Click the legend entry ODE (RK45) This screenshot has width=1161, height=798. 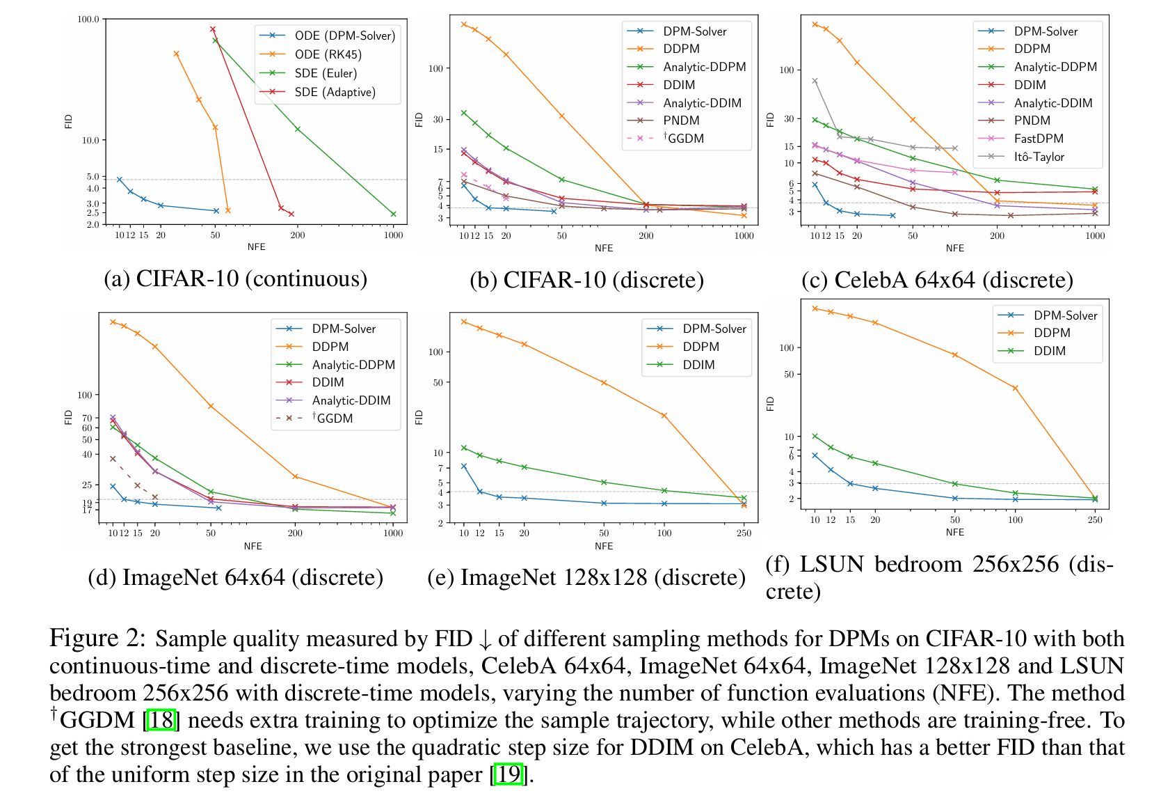(328, 54)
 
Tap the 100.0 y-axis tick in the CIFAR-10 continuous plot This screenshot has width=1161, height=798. (88, 19)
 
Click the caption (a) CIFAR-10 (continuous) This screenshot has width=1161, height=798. (235, 279)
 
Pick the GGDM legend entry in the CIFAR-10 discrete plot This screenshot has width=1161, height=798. (684, 139)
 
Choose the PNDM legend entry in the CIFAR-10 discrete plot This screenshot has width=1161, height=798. (681, 120)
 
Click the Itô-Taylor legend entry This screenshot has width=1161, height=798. (1039, 157)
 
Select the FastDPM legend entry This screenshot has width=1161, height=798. (1038, 139)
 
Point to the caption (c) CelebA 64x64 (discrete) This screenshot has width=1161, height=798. (937, 280)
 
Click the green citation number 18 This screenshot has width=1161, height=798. (161, 720)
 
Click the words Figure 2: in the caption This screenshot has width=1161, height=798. (97, 638)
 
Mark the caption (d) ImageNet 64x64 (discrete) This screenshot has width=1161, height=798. (235, 577)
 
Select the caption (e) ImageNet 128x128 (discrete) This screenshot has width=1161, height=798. (586, 577)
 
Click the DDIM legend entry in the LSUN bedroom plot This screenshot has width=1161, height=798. (1049, 351)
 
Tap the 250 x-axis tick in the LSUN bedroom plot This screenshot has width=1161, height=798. (1095, 519)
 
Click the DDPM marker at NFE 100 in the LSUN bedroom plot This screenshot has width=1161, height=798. (1016, 388)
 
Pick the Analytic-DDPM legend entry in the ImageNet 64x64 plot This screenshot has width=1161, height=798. (353, 365)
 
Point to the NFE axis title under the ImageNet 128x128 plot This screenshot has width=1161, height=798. (604, 546)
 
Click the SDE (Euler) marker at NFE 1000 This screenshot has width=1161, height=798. (394, 214)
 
